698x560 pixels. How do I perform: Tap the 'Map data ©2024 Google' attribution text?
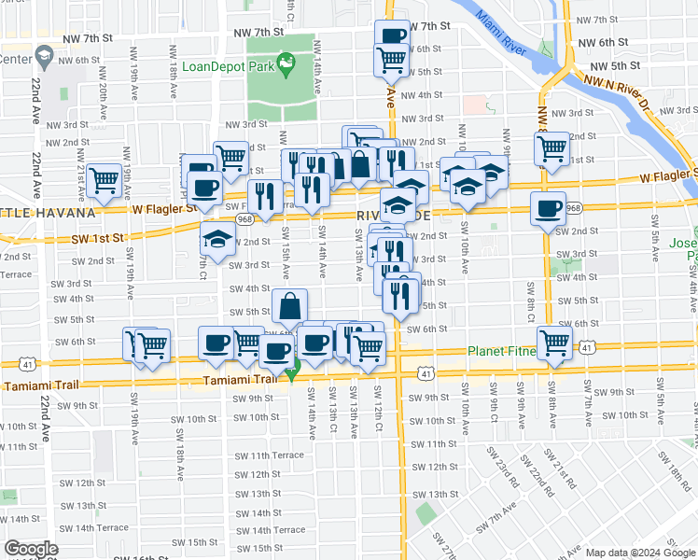[640, 553]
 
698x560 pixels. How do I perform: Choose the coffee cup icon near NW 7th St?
[393, 35]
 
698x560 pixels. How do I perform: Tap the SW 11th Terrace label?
[270, 455]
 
